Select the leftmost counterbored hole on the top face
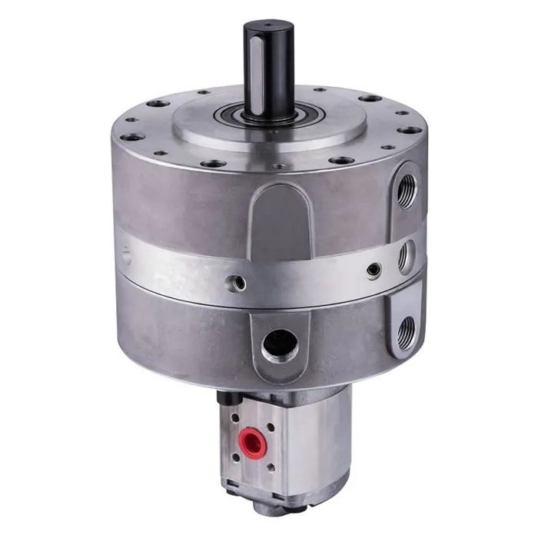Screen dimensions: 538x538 pyautogui.click(x=133, y=138)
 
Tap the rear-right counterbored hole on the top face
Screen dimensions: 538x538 pyautogui.click(x=370, y=99)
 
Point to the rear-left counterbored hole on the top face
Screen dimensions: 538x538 pyautogui.click(x=158, y=103)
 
